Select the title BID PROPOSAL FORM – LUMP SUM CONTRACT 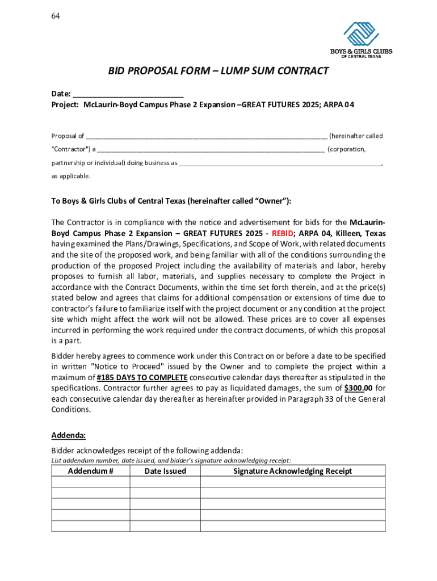218,71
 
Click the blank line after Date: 128,94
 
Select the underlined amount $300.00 358,388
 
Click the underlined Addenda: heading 68,435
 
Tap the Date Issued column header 165,471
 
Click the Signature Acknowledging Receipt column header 292,471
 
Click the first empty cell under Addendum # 91,482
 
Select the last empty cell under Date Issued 165,525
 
